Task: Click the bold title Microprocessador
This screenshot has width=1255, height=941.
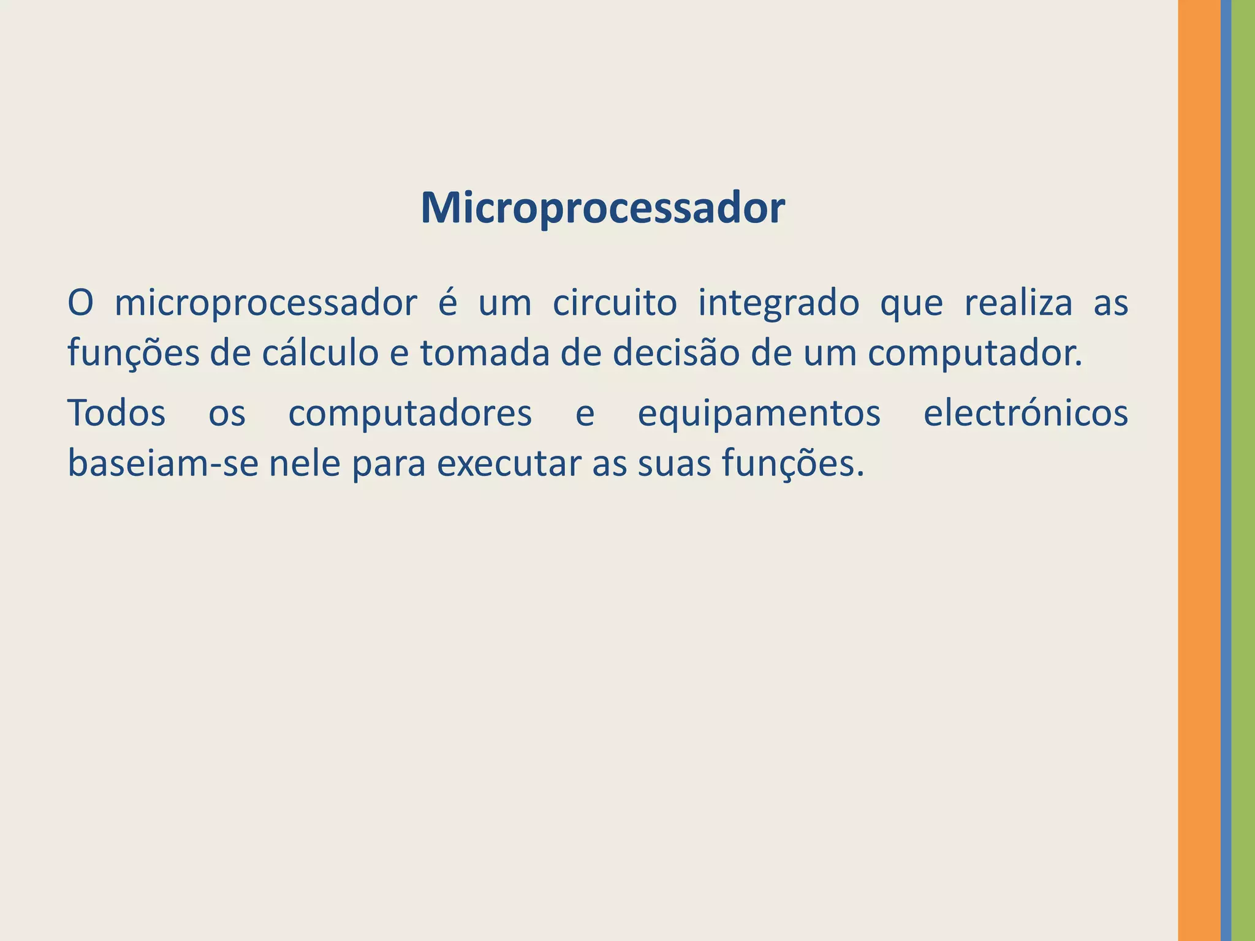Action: [602, 209]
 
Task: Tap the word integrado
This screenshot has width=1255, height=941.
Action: [778, 304]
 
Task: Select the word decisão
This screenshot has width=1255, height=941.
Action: [677, 353]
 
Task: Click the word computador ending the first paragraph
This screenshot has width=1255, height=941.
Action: [974, 355]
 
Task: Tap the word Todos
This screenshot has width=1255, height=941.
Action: [116, 413]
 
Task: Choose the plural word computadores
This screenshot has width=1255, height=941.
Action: [410, 414]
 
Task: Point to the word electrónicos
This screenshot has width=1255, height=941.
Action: [1025, 413]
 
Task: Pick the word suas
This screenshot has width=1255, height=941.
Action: [674, 464]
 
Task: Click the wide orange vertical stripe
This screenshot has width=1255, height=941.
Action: [1199, 470]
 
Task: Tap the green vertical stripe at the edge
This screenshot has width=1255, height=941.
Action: [1243, 470]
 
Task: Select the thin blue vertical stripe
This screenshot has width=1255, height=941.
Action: [1226, 470]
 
